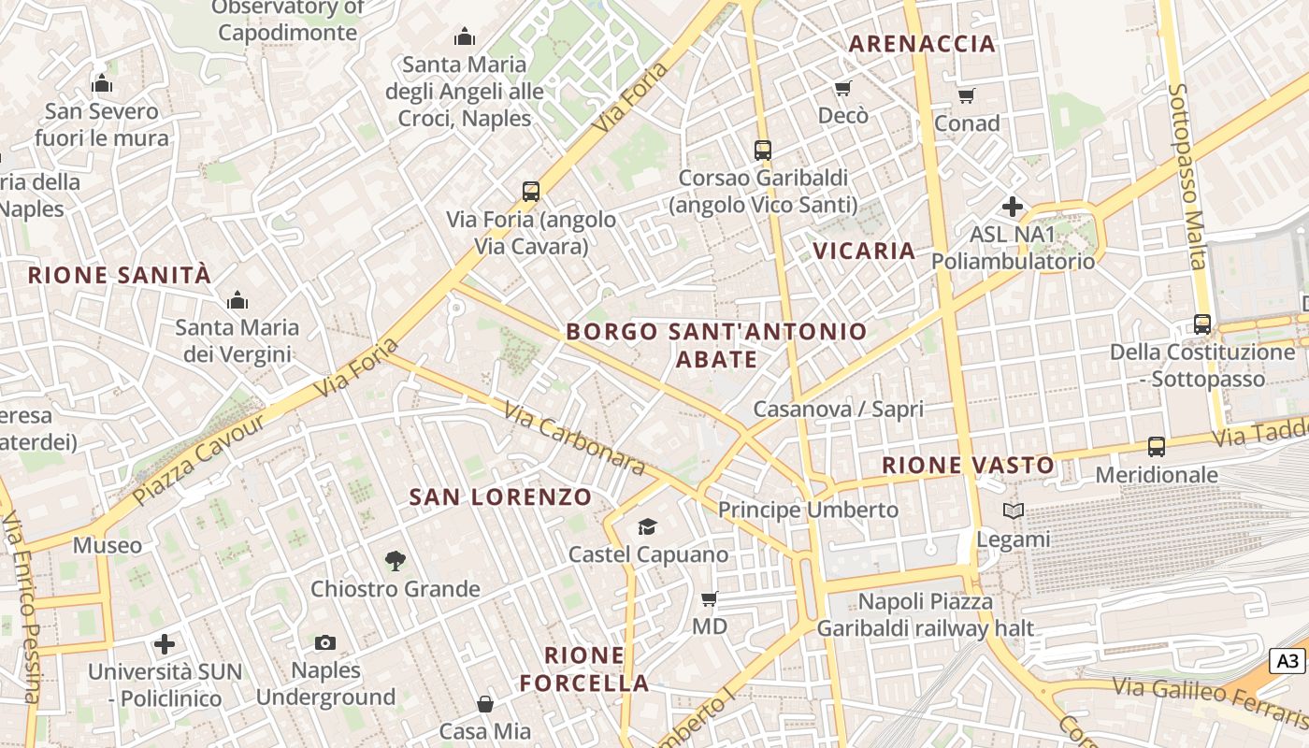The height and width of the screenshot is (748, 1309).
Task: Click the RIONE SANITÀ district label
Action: tap(120, 275)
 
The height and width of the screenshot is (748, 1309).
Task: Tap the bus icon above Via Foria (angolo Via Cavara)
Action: tap(531, 192)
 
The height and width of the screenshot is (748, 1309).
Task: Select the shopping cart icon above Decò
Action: tap(843, 89)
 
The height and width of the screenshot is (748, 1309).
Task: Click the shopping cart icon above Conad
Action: tap(967, 95)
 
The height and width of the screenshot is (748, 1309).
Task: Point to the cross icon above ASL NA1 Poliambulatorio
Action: tap(1012, 207)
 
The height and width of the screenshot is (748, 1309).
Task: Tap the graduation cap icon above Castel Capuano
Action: tap(647, 527)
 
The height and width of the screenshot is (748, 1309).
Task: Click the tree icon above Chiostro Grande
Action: tap(396, 561)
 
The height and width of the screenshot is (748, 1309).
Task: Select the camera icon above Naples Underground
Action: tap(325, 642)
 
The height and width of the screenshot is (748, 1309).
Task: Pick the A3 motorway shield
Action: tap(1288, 661)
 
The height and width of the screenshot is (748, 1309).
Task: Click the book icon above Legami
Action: tap(1014, 511)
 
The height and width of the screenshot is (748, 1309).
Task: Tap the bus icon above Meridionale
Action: tap(1157, 447)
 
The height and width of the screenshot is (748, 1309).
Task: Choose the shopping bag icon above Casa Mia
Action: tap(485, 704)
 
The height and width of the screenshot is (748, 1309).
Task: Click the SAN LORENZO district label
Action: tap(501, 496)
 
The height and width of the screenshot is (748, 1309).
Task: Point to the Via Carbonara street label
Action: tap(574, 438)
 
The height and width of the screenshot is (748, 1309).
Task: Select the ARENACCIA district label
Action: tap(922, 43)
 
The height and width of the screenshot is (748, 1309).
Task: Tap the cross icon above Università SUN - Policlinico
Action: tap(165, 644)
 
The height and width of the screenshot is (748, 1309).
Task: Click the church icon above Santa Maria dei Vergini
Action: tap(237, 300)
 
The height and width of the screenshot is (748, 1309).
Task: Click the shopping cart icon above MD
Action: tap(710, 598)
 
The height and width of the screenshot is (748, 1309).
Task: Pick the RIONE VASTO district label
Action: tap(969, 465)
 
